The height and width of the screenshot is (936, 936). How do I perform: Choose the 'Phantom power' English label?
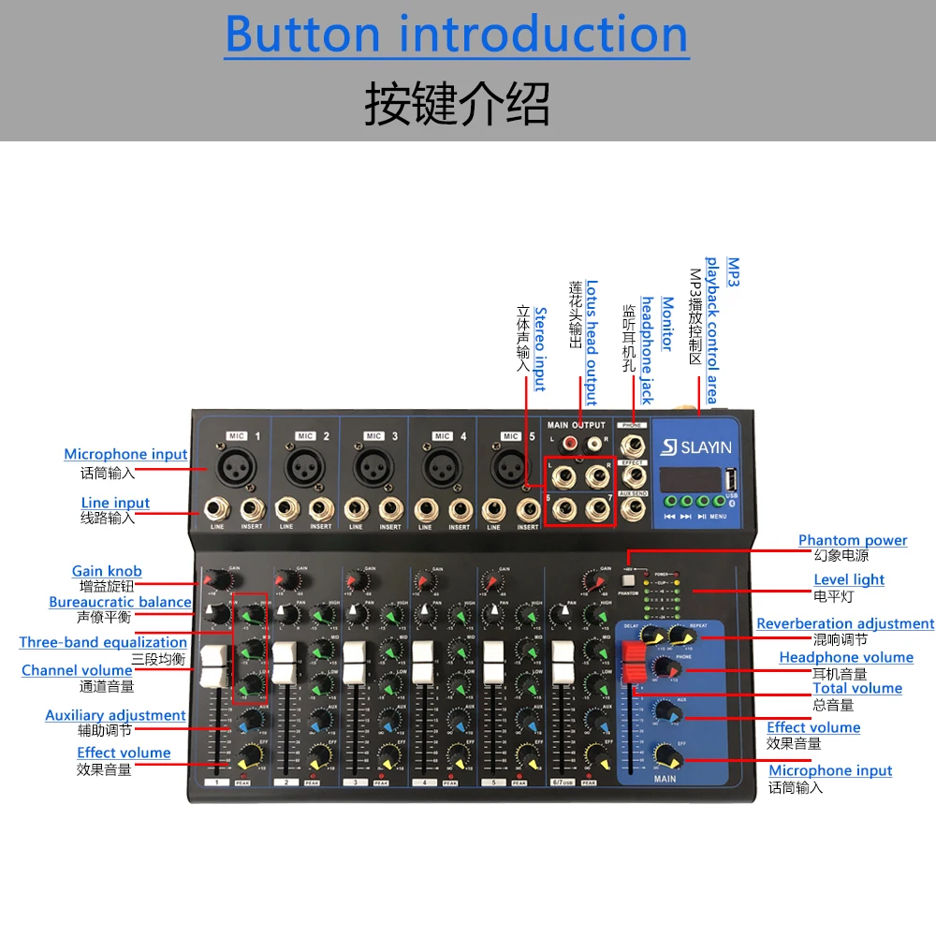click(852, 540)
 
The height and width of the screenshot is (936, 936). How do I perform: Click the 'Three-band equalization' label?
click(103, 642)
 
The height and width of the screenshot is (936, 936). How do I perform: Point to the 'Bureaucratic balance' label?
click(120, 602)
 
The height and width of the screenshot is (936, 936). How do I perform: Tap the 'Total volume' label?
click(856, 688)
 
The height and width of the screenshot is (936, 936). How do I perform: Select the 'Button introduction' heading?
click(457, 35)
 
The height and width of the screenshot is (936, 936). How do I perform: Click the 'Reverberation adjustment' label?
click(844, 623)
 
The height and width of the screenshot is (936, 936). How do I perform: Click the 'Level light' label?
click(848, 579)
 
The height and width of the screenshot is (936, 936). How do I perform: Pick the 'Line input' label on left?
click(115, 503)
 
